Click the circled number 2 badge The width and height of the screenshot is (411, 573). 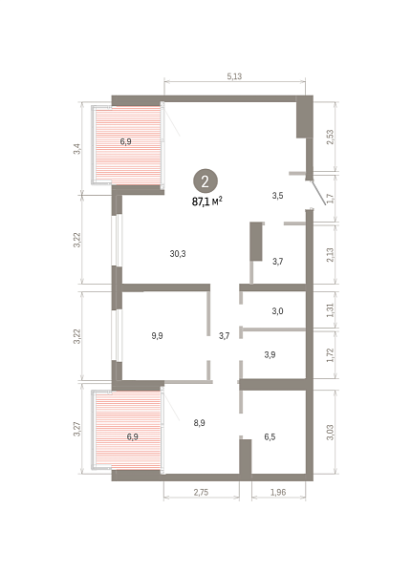(205, 180)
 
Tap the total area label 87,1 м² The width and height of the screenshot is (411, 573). (207, 202)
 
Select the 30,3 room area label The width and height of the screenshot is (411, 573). (178, 254)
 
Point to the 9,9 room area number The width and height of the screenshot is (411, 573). (158, 336)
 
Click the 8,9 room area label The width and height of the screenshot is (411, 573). (199, 423)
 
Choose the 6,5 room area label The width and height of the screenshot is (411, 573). (270, 436)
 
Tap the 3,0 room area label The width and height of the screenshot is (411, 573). (277, 311)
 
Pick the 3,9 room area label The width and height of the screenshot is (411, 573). (270, 354)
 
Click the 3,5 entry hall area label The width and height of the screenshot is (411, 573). (277, 196)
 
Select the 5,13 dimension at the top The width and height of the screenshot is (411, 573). (234, 76)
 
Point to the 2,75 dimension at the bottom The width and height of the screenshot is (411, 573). (201, 492)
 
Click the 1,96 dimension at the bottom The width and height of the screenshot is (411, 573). (278, 492)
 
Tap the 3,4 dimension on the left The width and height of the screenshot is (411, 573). (76, 149)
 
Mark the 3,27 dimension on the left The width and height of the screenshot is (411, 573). (76, 429)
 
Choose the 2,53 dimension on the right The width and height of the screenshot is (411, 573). (330, 137)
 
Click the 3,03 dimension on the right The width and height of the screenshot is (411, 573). (330, 433)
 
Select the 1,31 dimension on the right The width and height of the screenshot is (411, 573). (330, 309)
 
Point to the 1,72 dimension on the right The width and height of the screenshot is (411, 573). (330, 355)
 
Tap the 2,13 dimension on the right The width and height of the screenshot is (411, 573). (330, 255)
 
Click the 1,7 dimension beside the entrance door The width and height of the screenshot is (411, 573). (331, 199)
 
